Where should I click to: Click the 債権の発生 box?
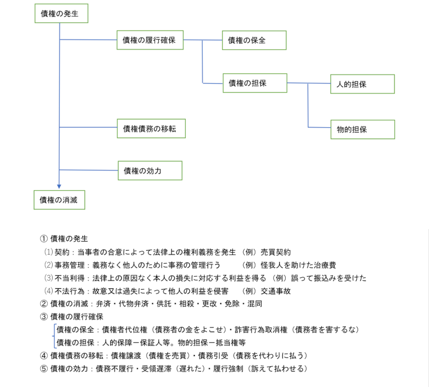(x=62, y=14)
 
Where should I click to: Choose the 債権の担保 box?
(x=254, y=83)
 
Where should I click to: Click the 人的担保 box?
(x=363, y=84)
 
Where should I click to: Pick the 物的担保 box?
(x=363, y=129)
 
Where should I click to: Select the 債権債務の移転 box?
(x=151, y=128)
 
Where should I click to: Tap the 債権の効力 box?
(x=150, y=170)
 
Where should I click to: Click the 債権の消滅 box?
(x=59, y=200)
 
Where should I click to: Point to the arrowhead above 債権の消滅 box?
(x=59, y=186)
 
